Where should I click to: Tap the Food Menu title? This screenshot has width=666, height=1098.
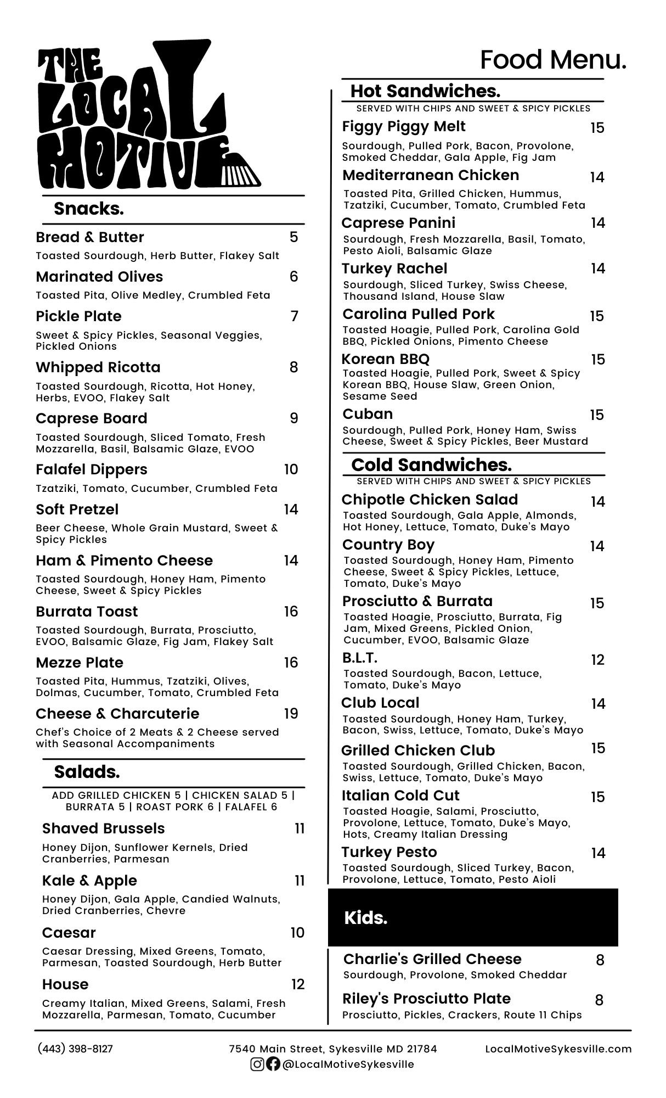click(553, 60)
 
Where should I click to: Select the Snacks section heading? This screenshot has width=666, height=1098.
click(89, 209)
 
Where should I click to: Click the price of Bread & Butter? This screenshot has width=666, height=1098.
click(294, 237)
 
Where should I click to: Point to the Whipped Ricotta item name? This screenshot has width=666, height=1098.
click(98, 367)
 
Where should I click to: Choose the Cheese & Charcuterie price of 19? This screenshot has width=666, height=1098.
click(291, 714)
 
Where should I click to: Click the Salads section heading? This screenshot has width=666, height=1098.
click(87, 772)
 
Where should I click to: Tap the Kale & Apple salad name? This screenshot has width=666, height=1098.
click(89, 881)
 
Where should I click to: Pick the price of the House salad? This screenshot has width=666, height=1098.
click(297, 984)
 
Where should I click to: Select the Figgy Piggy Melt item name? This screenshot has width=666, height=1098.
click(404, 127)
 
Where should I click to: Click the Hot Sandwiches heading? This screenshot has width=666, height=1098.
click(425, 91)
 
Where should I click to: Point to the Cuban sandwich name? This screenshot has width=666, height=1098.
click(368, 414)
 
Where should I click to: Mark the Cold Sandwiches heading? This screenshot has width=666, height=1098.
click(431, 465)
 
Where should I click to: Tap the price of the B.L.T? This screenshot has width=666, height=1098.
click(597, 660)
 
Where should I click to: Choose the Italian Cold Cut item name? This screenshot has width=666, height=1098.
click(400, 796)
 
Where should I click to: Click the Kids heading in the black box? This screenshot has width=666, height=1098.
click(365, 918)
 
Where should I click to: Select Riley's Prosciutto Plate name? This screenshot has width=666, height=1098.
click(427, 999)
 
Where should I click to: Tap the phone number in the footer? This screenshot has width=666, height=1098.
click(75, 1049)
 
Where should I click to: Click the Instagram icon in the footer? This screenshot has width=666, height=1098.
click(257, 1065)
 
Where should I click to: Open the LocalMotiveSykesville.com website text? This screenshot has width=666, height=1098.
click(558, 1049)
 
